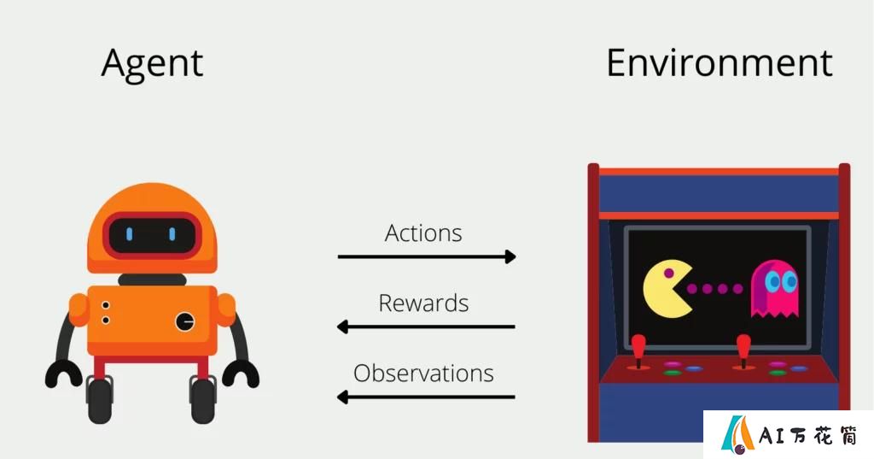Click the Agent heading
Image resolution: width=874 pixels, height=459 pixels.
152,64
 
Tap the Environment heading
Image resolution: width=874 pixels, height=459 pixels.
719,62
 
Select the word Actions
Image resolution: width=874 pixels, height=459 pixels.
423,232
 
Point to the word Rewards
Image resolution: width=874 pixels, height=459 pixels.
423,303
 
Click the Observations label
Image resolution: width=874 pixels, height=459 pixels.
423,373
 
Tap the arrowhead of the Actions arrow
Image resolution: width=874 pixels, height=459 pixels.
510,257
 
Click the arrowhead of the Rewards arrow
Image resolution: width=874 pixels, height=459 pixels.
343,327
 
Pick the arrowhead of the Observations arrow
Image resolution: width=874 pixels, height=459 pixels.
343,397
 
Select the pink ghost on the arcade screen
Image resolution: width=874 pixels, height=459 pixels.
775,289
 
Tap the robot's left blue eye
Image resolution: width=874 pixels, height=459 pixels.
130,234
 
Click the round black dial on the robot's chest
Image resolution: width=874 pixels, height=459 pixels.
185,321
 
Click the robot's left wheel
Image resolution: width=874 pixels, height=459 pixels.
100,399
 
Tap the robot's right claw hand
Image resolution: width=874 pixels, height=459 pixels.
241,374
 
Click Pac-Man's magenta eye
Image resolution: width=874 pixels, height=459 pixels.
668,274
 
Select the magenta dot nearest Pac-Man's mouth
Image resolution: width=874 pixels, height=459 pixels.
691,289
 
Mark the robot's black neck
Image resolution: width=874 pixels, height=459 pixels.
152,280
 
